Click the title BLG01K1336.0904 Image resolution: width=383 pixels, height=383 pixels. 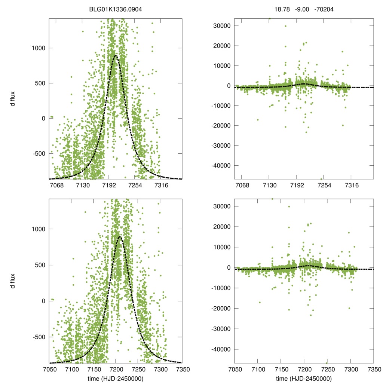[x=116, y=10]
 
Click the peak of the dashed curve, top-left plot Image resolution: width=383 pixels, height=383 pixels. [x=115, y=56]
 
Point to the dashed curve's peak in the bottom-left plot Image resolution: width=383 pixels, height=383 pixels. [x=120, y=237]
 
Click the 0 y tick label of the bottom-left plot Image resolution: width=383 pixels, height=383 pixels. [x=43, y=301]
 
